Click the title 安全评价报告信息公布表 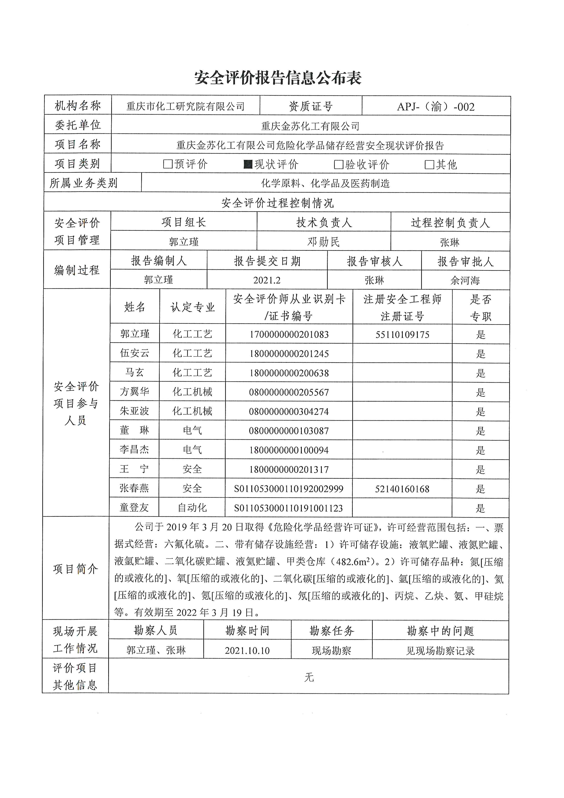pos(278,78)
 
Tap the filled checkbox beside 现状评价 pos(248,164)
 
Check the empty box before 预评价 pos(168,164)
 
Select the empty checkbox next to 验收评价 pos(338,164)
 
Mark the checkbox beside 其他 pos(429,164)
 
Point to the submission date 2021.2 pos(267,280)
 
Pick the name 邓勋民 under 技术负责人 pos(323,242)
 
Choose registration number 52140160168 pos(402,489)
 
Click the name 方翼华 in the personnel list pos(134,392)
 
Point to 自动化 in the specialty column pos(192,508)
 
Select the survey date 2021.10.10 pos(247,651)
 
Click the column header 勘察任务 pos(331,631)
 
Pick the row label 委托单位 pos(78,125)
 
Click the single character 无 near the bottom pos(309,677)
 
